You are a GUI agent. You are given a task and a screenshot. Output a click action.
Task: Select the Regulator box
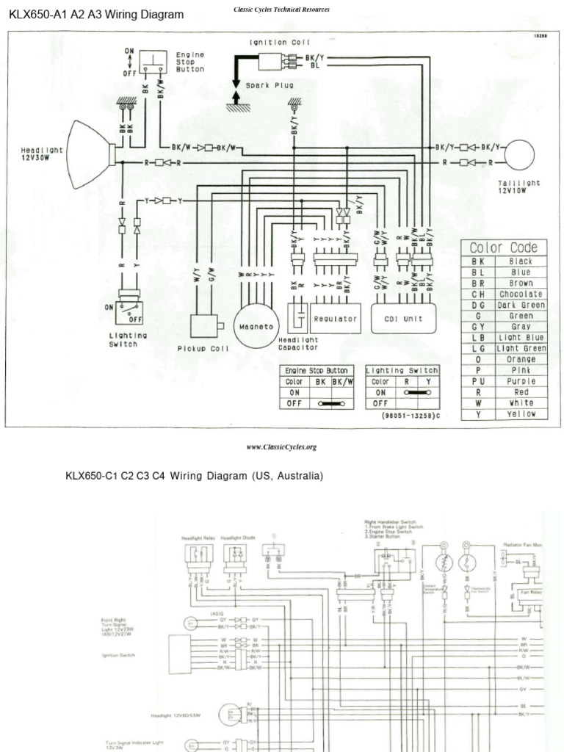[335, 319]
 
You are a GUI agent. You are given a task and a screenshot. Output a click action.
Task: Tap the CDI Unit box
[403, 319]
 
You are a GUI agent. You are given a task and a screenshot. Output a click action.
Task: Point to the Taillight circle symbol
[518, 155]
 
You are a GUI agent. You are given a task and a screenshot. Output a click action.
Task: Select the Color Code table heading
[503, 247]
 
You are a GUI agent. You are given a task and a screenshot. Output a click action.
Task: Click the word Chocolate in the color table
[521, 294]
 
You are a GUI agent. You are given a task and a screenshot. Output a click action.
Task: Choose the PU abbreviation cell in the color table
[478, 381]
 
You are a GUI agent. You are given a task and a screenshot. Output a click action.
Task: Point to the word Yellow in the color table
[521, 414]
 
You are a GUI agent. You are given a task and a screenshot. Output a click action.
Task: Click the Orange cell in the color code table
[521, 360]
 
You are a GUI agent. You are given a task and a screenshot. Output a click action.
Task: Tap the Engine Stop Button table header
[317, 371]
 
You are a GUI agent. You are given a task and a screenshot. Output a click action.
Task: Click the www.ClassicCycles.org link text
[281, 446]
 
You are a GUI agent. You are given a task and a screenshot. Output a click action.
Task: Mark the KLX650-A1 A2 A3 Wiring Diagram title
[96, 14]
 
